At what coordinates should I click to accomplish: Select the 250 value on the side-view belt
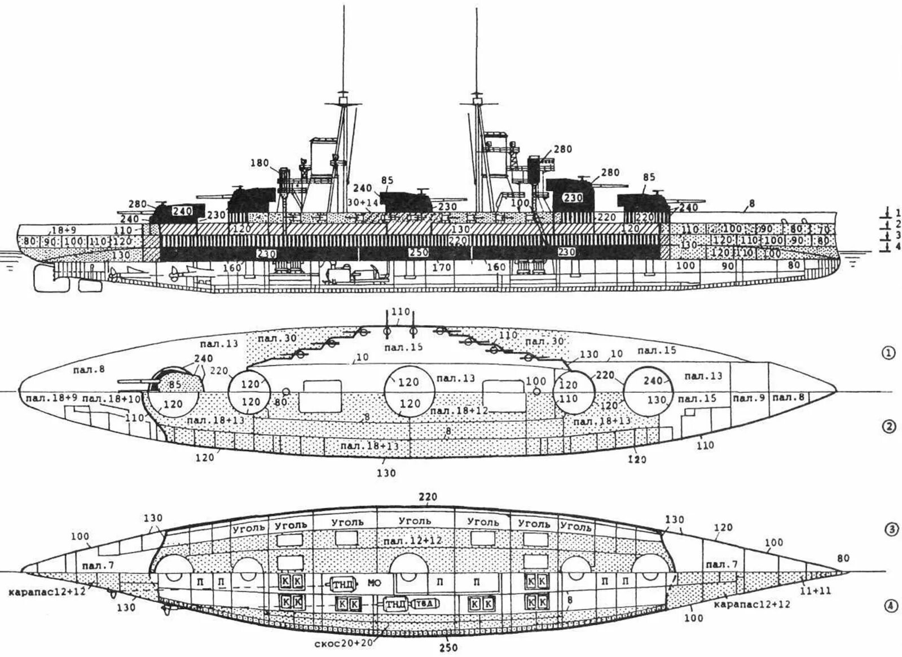(x=419, y=252)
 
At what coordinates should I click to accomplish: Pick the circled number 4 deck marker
(x=888, y=606)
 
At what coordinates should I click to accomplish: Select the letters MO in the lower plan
(x=374, y=581)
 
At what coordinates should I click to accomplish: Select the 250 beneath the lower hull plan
(x=448, y=648)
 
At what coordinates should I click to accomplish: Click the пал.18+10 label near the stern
(x=112, y=400)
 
